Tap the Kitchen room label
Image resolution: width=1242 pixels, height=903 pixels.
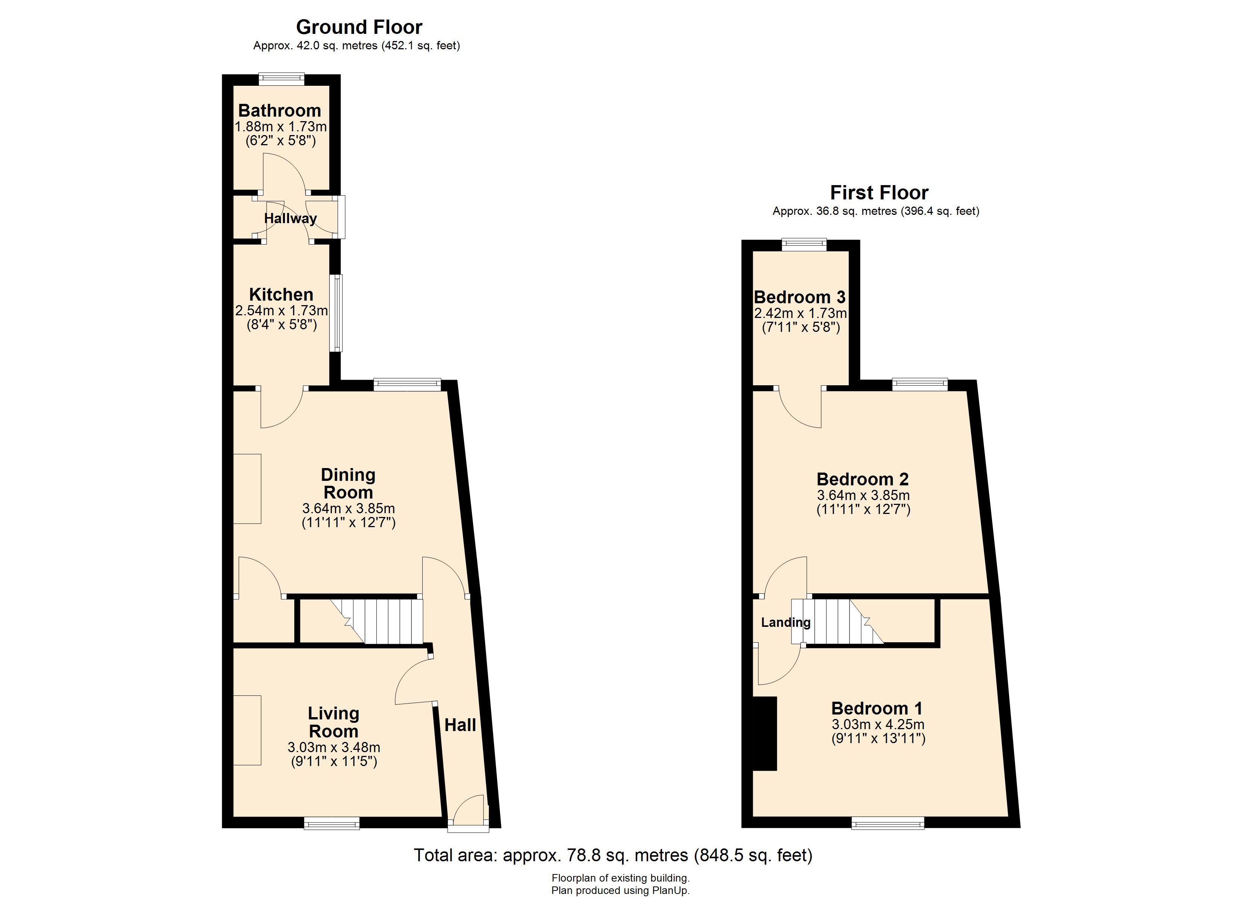(281, 295)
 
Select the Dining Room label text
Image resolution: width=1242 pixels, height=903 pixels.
(348, 483)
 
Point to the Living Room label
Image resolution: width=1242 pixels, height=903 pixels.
(333, 722)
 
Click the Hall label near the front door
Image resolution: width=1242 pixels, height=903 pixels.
(460, 725)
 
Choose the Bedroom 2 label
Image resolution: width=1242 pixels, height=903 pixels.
(863, 479)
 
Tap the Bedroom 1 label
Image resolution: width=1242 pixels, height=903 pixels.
(877, 708)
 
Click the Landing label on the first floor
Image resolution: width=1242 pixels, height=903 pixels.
(786, 623)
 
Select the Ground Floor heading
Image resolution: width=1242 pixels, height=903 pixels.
(359, 27)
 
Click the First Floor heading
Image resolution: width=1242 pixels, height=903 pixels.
(879, 193)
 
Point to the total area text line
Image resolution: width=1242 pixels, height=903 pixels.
(613, 855)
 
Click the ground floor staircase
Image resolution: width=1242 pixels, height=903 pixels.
(377, 621)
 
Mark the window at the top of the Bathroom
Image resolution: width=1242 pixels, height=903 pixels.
(282, 79)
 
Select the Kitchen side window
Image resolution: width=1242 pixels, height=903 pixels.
(338, 313)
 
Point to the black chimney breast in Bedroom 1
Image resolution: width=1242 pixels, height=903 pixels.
(765, 734)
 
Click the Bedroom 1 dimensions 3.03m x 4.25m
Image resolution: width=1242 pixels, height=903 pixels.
(878, 725)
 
